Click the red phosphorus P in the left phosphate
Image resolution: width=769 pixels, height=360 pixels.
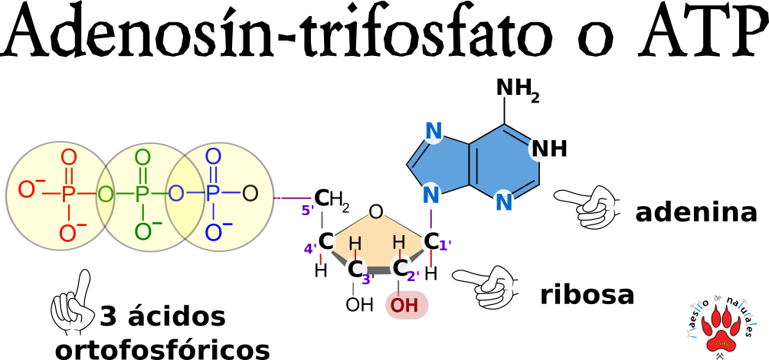point(68,195)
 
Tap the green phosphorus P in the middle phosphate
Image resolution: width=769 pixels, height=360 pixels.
point(142,195)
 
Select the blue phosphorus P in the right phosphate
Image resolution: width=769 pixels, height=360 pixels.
point(212,195)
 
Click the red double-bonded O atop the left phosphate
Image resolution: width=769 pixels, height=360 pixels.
point(68,158)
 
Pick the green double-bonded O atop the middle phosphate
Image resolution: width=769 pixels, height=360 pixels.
point(142,158)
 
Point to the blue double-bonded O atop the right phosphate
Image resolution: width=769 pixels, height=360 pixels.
point(212,157)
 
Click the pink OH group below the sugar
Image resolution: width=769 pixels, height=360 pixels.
point(406,306)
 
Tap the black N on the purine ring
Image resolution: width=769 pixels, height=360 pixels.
point(539,149)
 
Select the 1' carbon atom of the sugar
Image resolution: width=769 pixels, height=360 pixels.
point(432,241)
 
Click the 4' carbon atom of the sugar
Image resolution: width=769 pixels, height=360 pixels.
point(325,241)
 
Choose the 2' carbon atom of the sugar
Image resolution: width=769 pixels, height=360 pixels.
point(401,268)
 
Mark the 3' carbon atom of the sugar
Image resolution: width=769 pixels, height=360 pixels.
point(355,270)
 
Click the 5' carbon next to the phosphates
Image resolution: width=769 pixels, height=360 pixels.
point(322,198)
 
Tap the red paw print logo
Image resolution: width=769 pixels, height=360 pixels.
point(721,329)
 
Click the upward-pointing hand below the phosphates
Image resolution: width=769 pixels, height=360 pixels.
point(74,306)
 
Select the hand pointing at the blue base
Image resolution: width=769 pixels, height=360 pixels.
point(590,207)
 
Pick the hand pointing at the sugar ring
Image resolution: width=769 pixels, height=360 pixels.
point(489,286)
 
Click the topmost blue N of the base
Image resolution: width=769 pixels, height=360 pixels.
point(433,131)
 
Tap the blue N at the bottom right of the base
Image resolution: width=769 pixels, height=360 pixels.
point(503,203)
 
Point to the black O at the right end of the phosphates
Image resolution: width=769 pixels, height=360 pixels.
point(250,195)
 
